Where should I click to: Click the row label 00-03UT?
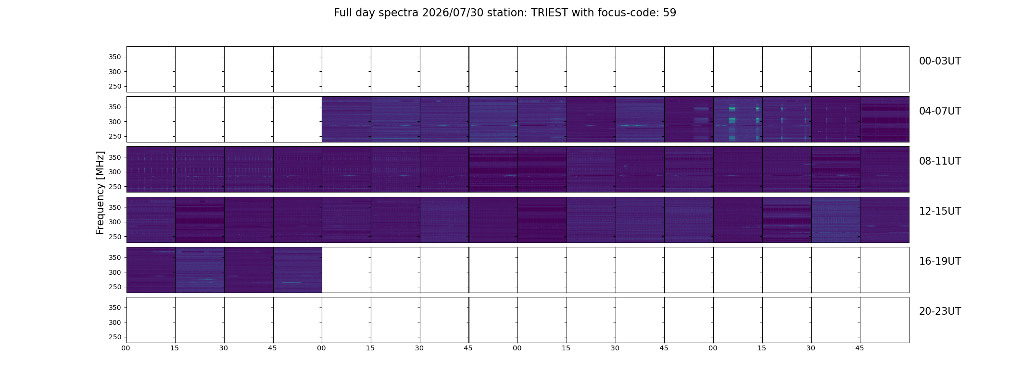coord(940,61)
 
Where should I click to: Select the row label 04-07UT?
coord(940,111)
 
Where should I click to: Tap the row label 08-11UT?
coord(940,161)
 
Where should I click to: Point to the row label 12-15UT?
coord(940,211)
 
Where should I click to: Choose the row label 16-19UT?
coord(940,261)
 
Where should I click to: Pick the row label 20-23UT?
coord(940,311)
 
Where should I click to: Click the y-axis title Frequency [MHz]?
coord(100,192)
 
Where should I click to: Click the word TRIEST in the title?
coord(549,13)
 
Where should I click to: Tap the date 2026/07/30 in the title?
coord(453,13)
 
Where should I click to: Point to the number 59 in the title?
coord(669,13)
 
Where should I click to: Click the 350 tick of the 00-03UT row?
coord(115,57)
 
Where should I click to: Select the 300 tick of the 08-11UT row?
coord(115,172)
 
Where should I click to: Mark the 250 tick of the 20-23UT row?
coord(115,337)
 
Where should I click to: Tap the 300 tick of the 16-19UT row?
coord(115,272)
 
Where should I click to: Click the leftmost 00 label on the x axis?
coord(126,348)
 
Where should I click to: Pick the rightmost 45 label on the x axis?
coord(859,348)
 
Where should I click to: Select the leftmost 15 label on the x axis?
coord(175,348)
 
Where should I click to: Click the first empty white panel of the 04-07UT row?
coord(151,119)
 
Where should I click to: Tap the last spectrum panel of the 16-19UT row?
coord(298,270)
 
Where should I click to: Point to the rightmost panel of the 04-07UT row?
coord(884,119)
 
